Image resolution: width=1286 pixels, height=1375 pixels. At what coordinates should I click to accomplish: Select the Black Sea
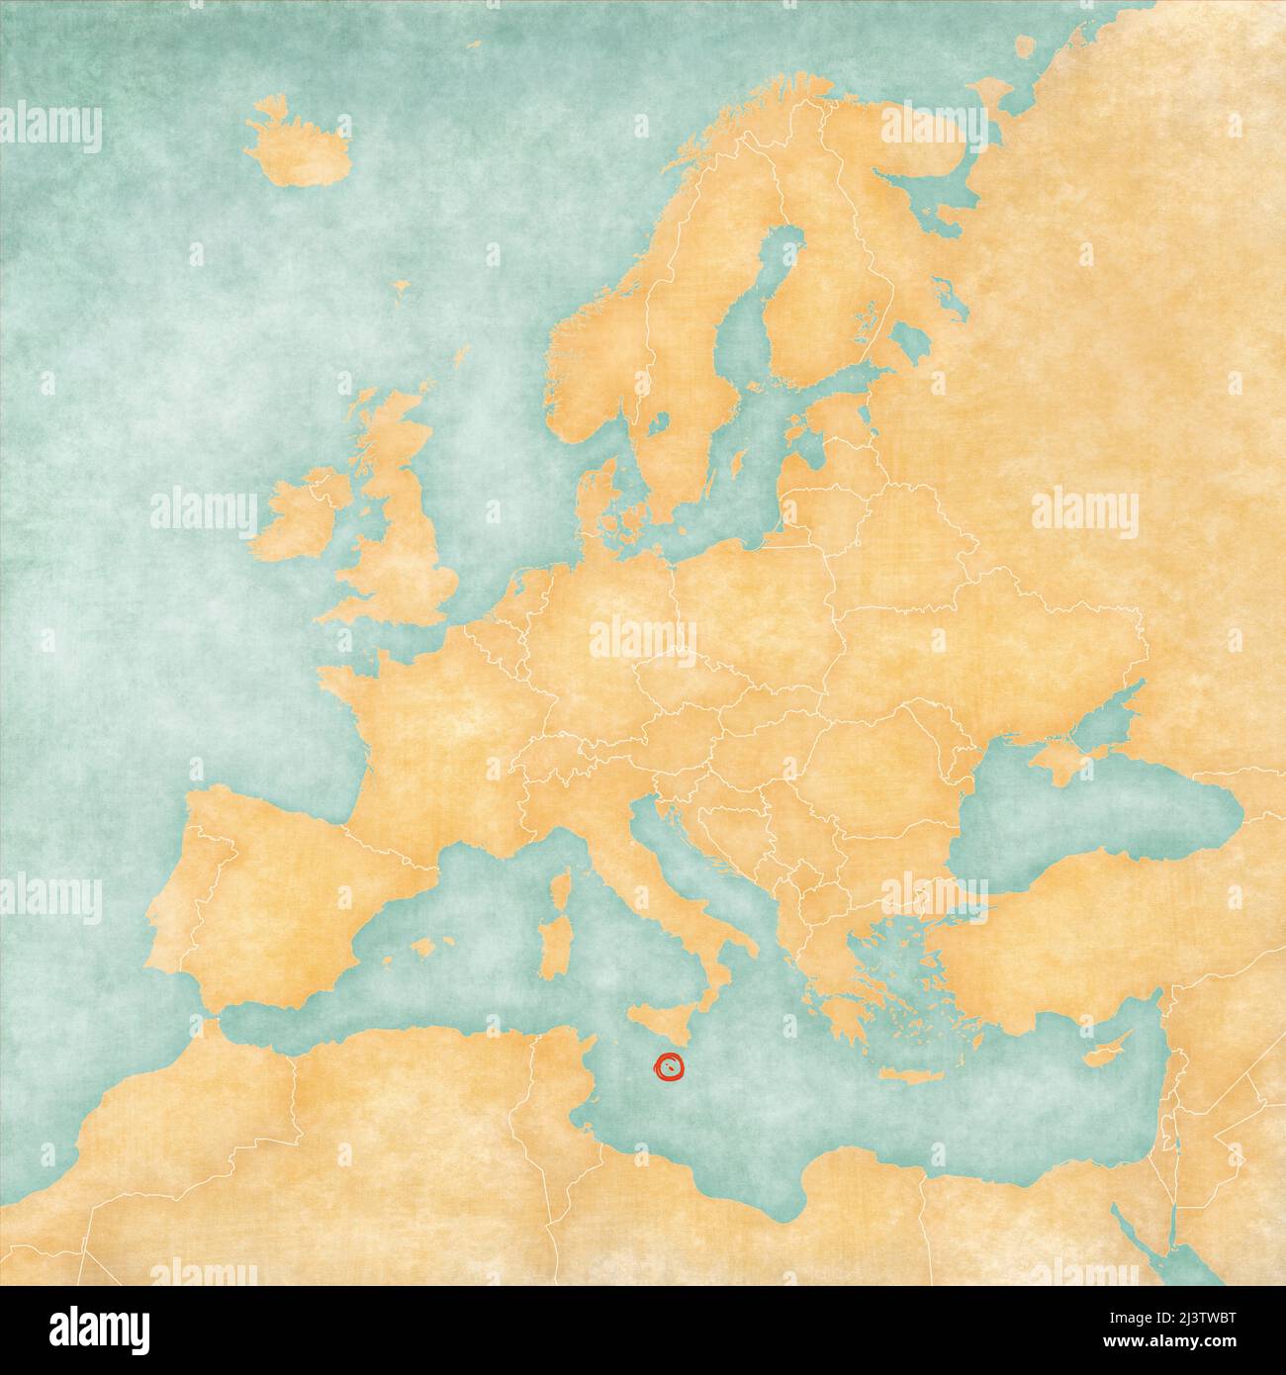pos(1108,811)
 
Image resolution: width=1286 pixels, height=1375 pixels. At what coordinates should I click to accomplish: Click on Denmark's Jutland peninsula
pos(591,504)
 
